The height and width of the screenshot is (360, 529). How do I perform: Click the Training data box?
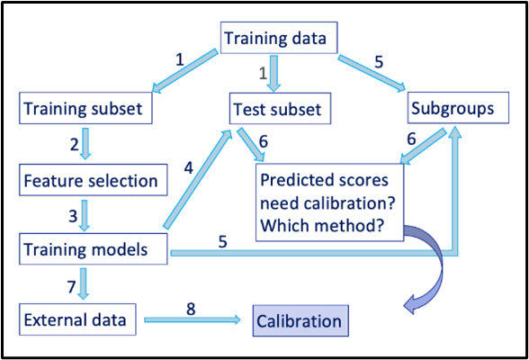[279, 39]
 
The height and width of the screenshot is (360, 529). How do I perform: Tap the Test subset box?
[281, 110]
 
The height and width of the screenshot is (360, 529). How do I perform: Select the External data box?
[76, 319]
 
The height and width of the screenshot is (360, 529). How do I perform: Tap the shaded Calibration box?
[299, 320]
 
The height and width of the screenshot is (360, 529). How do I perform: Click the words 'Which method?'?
[324, 229]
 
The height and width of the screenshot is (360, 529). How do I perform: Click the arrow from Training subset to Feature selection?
[86, 145]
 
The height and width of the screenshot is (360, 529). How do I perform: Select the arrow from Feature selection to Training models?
[86, 214]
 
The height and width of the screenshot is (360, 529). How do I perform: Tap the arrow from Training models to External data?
[86, 283]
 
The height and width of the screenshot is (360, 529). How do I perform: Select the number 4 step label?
[189, 167]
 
